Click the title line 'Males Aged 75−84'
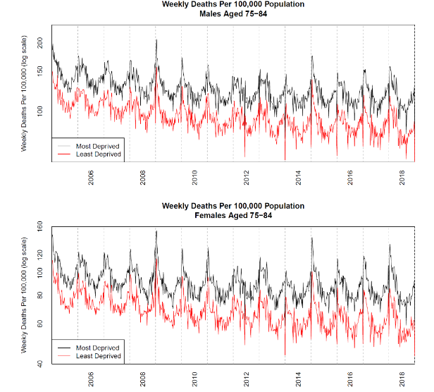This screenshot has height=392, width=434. tap(233, 13)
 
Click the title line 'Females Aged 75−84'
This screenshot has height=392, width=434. tap(233, 215)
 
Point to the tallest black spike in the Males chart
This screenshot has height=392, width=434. tap(156, 40)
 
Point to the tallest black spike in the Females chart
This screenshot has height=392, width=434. tap(156, 231)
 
